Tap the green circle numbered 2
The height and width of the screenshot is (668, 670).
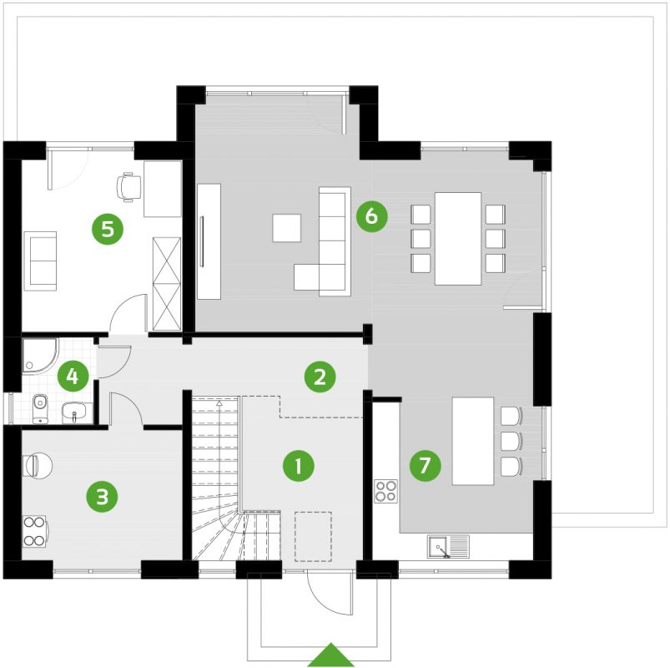tap(319, 377)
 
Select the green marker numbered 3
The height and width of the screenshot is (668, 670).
tap(102, 498)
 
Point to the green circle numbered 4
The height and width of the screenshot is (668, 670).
tap(73, 376)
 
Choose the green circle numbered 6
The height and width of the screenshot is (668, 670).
tap(371, 216)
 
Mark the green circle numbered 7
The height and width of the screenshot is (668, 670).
tap(425, 465)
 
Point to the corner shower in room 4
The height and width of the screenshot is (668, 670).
tap(38, 354)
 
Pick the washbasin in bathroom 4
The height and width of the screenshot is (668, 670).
tap(76, 412)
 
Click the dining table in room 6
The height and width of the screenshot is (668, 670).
tap(458, 238)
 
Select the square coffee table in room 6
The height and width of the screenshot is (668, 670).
tap(287, 228)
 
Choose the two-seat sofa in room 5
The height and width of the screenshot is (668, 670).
tap(40, 260)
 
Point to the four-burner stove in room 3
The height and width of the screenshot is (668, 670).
tap(34, 531)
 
